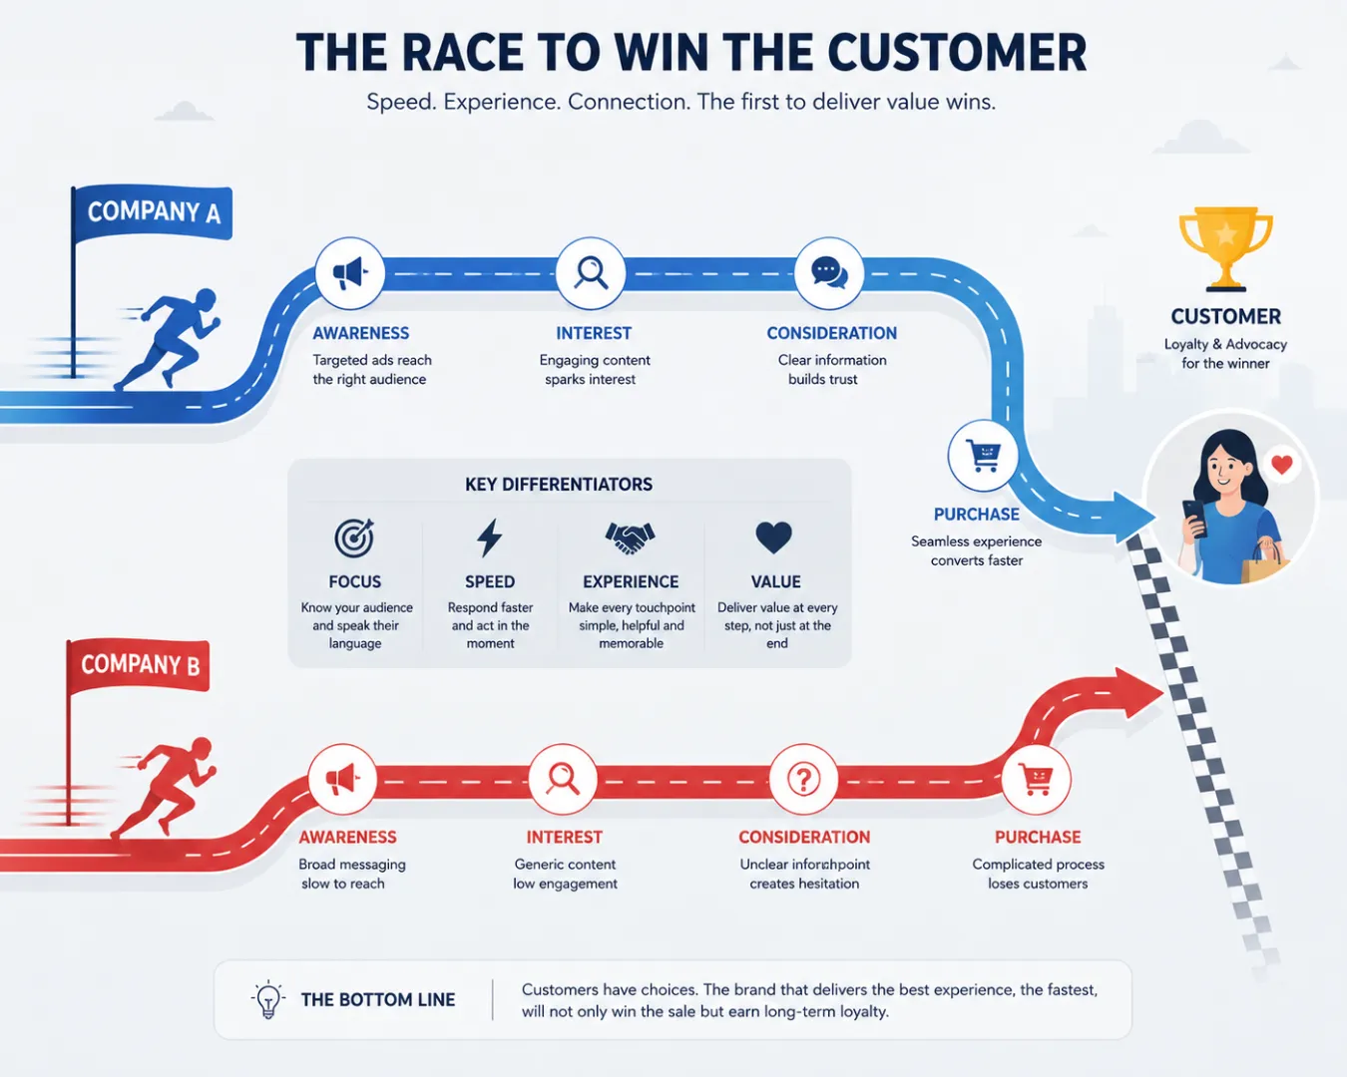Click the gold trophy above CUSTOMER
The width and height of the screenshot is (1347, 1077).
coord(1225,248)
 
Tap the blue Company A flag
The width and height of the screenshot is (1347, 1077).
coord(152,212)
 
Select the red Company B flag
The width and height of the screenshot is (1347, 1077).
coord(139,666)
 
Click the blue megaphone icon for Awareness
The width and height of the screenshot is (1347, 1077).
coord(349,273)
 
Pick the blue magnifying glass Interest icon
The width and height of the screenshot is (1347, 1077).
coord(591,273)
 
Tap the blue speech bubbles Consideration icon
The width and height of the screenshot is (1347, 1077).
coord(829,273)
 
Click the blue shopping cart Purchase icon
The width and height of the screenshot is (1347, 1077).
coord(983,456)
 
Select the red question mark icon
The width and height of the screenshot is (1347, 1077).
coord(803,779)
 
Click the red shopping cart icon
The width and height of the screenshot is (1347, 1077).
coord(1036,779)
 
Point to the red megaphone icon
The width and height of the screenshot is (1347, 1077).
coord(342,779)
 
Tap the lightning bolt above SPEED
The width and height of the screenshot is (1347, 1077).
coord(490,538)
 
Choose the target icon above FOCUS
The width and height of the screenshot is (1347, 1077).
coord(354,538)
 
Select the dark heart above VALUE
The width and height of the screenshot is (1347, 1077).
coord(774,538)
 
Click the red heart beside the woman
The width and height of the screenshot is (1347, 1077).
coord(1282,465)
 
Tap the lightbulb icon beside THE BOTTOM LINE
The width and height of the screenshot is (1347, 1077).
coord(267,999)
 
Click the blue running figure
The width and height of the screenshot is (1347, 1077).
coord(169,338)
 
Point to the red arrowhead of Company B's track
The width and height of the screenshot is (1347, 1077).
coord(1136,693)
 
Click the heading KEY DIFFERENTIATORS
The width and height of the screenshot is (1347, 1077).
coord(559,485)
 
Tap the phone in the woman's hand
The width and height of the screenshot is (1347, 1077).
coord(1194,519)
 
